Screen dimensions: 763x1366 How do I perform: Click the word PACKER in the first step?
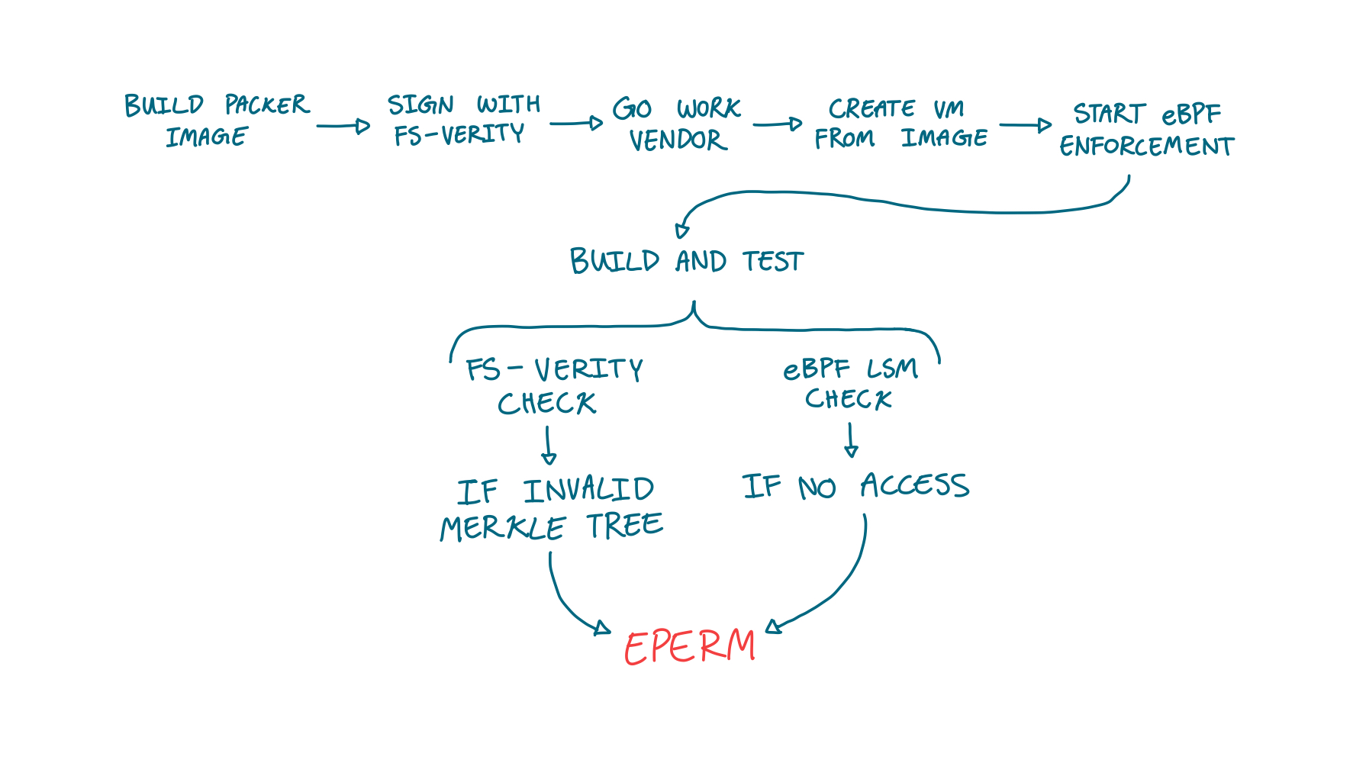(x=266, y=105)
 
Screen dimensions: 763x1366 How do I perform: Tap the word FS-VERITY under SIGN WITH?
(x=459, y=135)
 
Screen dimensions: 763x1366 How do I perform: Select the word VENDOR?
(x=678, y=140)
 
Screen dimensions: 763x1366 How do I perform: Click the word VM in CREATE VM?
(x=949, y=108)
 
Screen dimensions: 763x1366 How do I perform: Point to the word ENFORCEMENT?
(x=1146, y=146)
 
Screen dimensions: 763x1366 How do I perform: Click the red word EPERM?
(x=689, y=647)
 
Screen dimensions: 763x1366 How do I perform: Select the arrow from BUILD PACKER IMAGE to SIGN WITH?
(x=343, y=126)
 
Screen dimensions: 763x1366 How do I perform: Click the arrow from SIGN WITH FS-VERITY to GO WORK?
(x=576, y=123)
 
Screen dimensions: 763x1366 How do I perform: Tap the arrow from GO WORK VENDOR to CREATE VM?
(x=777, y=124)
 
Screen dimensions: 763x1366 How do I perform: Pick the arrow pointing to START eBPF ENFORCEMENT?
(x=1025, y=125)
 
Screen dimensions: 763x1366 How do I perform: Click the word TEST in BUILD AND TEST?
(x=773, y=262)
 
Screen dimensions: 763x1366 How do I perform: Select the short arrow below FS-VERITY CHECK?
(x=548, y=446)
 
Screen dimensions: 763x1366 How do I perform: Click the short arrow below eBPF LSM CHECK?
(x=851, y=440)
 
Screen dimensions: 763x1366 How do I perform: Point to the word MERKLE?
(x=502, y=528)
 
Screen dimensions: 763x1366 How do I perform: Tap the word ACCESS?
(x=914, y=485)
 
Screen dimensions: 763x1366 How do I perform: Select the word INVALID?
(x=588, y=490)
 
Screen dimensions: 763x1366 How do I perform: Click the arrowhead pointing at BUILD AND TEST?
(x=681, y=231)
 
